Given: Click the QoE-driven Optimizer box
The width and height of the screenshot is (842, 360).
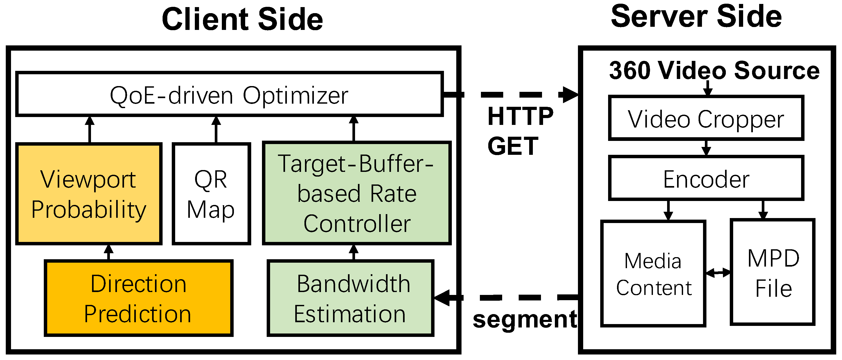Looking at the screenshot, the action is [229, 94].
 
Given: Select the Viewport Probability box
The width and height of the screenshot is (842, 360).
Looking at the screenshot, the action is [89, 194].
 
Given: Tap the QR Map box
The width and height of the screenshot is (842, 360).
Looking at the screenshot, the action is [211, 194].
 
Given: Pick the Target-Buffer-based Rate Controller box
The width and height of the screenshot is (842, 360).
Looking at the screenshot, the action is [357, 193].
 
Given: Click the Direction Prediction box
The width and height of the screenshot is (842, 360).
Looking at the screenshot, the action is [139, 298].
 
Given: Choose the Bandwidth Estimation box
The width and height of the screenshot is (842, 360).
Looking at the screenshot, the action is [350, 298].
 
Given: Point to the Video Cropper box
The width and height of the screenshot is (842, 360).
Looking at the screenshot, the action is [706, 118].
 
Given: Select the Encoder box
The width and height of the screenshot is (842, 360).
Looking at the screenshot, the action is [706, 178].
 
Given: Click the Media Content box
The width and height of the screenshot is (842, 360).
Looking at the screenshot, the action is [653, 273].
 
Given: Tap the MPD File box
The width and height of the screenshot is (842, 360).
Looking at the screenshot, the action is [773, 272].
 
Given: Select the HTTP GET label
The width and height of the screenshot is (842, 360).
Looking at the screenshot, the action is [520, 131].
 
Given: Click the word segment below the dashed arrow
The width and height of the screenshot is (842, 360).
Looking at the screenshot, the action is [525, 319].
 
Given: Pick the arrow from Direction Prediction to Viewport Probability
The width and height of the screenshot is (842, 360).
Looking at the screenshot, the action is [109, 252].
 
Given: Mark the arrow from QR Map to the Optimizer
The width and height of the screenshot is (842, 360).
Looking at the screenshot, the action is [216, 129].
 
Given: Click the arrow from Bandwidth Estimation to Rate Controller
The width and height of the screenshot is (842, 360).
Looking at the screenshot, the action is [354, 252].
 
